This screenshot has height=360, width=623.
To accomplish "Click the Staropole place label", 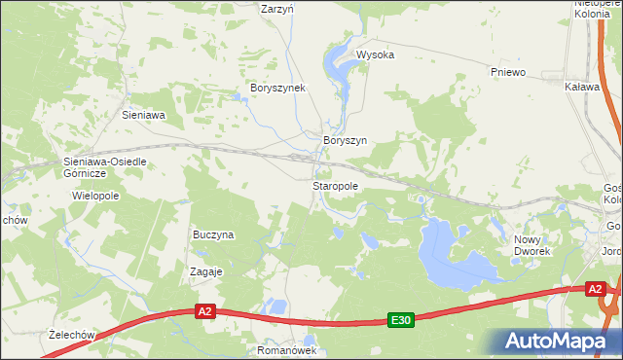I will point(336,185).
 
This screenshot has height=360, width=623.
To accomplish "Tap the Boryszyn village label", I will point(345,140).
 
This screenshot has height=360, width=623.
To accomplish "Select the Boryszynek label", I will point(278,88).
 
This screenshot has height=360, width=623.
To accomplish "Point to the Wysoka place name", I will point(375,55).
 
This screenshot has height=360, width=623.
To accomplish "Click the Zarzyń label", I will point(278,8).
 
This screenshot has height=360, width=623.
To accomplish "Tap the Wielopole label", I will point(94,196).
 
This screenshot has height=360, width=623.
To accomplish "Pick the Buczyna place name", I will point(214,234).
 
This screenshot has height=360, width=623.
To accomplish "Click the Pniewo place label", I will point(508,72).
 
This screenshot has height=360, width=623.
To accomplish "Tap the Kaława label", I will point(581,87).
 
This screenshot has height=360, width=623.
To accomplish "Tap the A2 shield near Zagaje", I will point(204,311).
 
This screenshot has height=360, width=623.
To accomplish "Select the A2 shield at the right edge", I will point(596,289).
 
